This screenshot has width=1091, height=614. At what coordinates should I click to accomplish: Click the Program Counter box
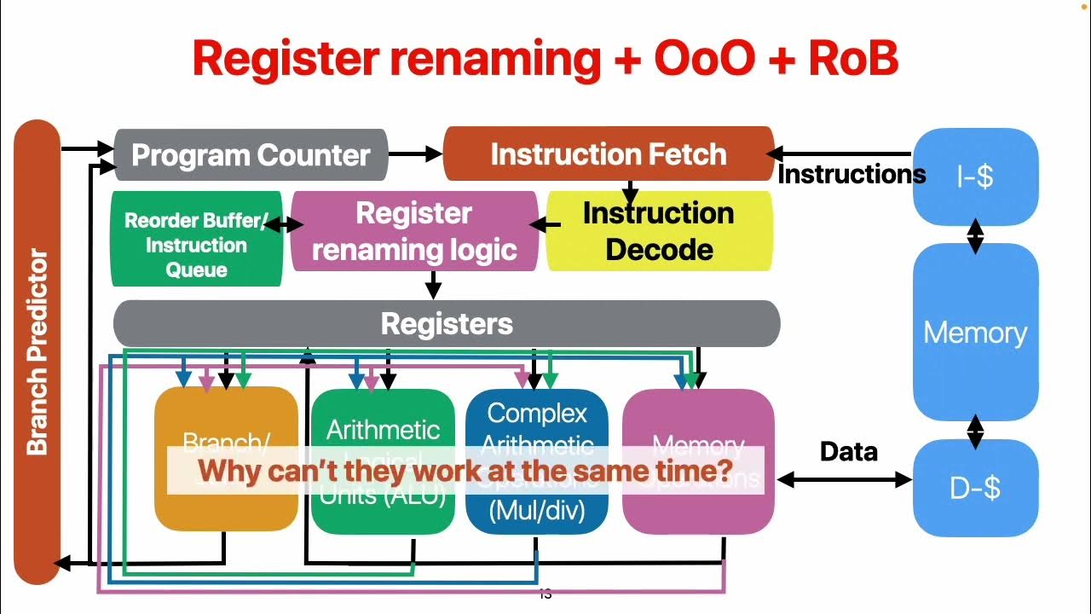251,155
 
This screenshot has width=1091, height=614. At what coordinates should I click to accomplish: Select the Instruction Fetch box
609,154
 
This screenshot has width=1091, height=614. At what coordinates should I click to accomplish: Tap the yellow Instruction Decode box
658,231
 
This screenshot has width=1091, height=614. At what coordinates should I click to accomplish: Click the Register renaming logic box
414,231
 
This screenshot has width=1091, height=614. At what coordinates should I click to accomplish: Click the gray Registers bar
447,324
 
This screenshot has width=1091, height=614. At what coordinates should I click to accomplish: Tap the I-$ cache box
975,177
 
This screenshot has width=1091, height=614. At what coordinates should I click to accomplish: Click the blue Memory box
975,333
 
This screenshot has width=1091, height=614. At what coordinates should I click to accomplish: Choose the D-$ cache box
975,488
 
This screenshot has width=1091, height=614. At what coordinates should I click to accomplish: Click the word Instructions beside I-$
851,175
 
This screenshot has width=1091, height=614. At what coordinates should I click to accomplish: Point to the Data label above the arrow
848,452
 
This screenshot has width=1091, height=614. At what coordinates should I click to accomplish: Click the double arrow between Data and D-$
844,480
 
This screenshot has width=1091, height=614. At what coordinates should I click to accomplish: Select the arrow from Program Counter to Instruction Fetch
415,155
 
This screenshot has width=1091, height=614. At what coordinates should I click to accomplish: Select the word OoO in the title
704,59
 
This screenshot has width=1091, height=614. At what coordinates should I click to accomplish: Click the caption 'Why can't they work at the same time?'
465,470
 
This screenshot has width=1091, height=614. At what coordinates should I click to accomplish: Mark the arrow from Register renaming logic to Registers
433,285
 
